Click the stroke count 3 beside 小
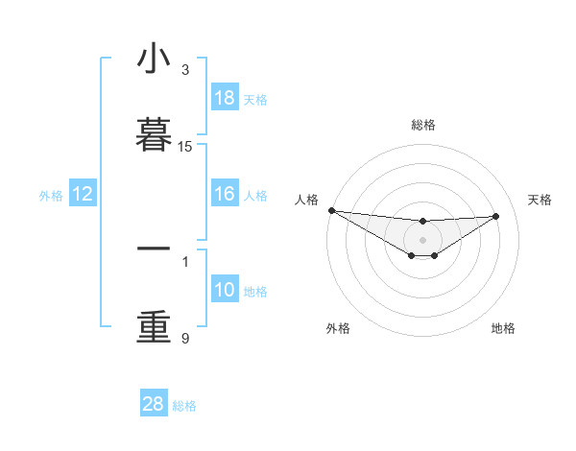point(185,70)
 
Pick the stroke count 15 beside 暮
point(185,147)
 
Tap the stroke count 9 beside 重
point(185,338)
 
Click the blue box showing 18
point(225,99)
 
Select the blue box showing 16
point(225,195)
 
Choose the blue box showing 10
point(225,291)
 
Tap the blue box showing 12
point(83,195)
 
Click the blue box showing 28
point(153,405)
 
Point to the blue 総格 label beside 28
point(184,406)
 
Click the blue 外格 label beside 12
point(51,196)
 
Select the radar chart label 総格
point(423,125)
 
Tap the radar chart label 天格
point(540,200)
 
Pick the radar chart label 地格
point(503,328)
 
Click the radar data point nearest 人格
point(331,210)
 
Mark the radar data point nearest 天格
point(496,216)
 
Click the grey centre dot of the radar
point(423,239)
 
